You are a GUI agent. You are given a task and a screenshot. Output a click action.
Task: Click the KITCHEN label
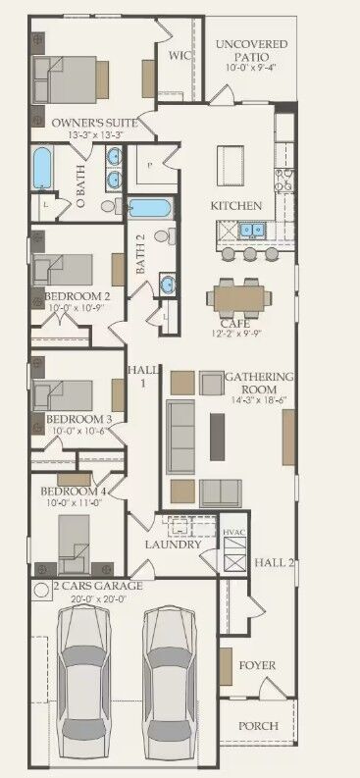(236, 206)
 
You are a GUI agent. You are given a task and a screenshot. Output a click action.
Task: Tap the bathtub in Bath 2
(149, 207)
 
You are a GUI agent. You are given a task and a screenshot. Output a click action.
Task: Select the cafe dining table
(235, 295)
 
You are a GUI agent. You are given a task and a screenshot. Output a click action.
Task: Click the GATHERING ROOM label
(259, 378)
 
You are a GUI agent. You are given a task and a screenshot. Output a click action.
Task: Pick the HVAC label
(233, 532)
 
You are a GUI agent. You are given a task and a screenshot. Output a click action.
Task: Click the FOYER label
(258, 665)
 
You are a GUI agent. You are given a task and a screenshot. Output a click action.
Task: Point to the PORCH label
(258, 726)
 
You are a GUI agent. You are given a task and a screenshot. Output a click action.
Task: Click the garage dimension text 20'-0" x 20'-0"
(86, 598)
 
